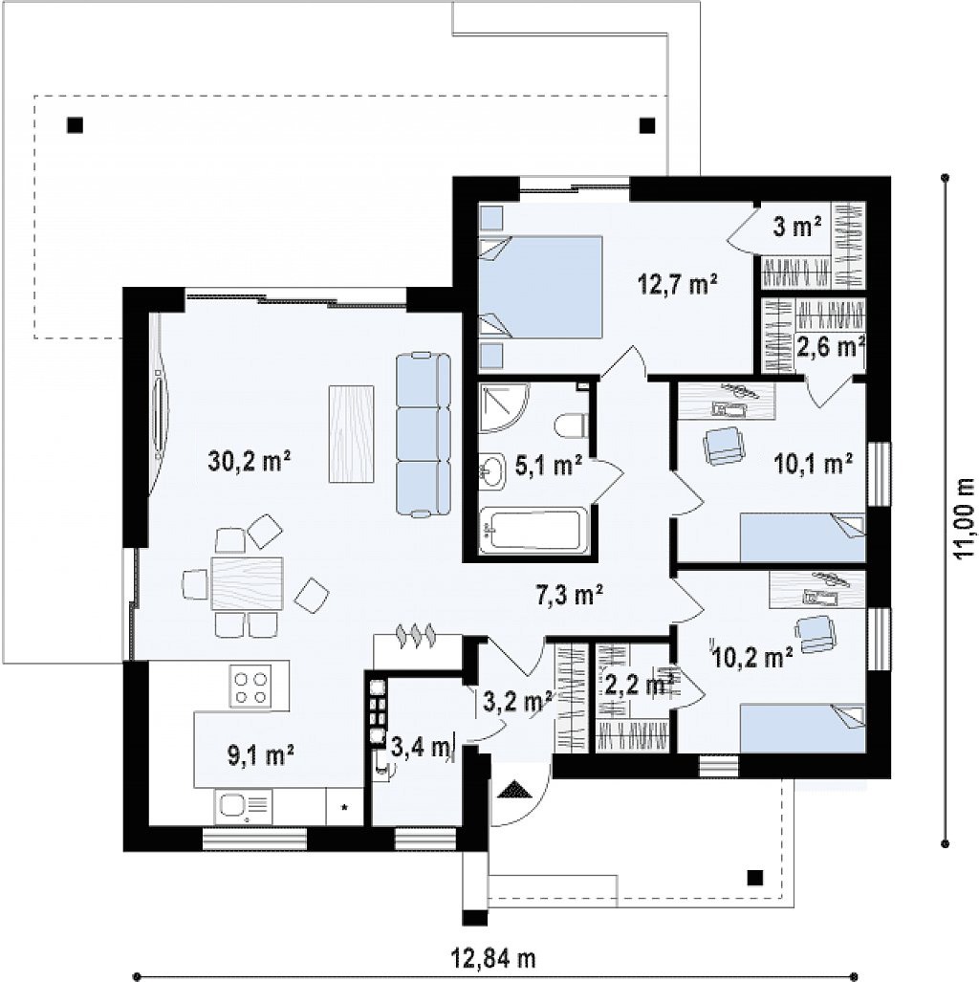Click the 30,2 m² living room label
coord(250,462)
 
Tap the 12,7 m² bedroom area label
coord(678,284)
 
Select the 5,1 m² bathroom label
coord(549,465)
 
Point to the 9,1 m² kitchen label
coord(261,755)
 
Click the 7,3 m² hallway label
coord(570,595)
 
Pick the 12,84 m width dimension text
coord(493,957)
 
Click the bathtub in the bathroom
coord(533,532)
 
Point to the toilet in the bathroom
coord(571,426)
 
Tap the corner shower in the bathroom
coord(504,408)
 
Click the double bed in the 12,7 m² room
coord(540,287)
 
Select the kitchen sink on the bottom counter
coord(244,807)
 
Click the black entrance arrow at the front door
coord(515,789)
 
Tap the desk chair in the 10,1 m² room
coord(724,446)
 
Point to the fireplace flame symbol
coord(415,634)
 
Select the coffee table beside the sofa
coord(352,433)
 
